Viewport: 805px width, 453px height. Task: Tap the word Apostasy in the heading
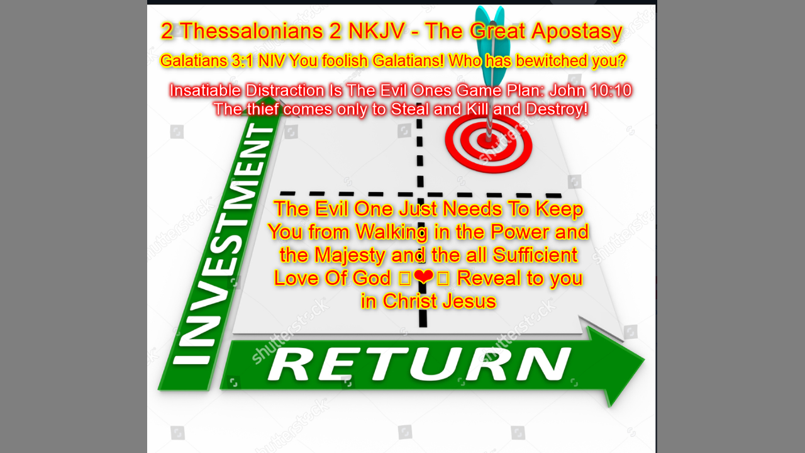[577, 32]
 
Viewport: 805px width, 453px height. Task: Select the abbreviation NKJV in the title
[377, 31]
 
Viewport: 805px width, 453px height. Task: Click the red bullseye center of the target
[489, 140]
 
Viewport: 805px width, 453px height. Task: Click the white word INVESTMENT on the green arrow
[224, 243]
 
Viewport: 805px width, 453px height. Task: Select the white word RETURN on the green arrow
[419, 364]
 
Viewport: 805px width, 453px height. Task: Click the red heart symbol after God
[424, 277]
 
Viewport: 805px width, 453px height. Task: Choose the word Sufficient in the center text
[535, 255]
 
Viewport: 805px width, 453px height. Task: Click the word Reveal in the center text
[489, 278]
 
